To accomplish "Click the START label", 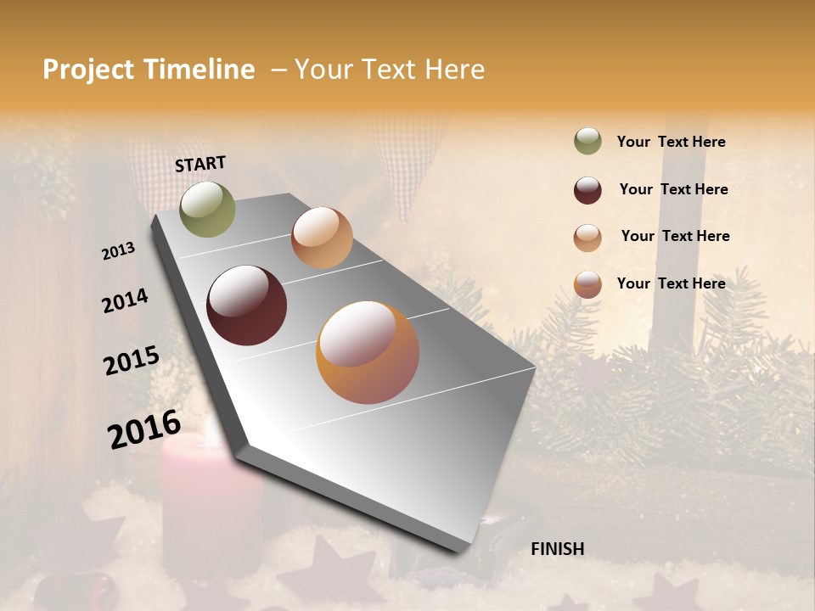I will pos(200,164).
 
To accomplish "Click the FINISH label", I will pos(557,549).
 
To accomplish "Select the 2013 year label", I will pos(118,251).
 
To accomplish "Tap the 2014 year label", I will pos(125,300).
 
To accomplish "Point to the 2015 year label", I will pos(131,360).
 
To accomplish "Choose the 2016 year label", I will pos(144,429).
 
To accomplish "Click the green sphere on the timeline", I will pos(207,209).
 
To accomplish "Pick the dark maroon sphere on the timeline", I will pos(246,305).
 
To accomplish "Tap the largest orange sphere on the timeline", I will pos(368,352).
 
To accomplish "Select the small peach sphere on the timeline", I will pos(322,238).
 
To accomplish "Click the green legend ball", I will pos(587,142).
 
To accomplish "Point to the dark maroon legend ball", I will pos(587,190).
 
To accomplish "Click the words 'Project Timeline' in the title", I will pos(149,70).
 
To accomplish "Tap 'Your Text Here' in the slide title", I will pos(390,70).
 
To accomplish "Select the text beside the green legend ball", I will pos(671,142).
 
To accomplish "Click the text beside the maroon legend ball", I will pos(673,189).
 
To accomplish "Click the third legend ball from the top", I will pos(587,238).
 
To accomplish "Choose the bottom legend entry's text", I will pos(671,283).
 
